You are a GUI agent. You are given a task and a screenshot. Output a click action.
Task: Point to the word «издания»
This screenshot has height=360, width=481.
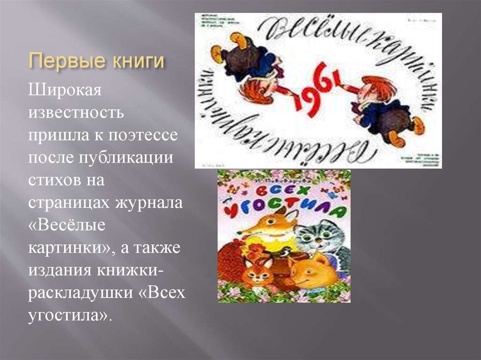point(57,270)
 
